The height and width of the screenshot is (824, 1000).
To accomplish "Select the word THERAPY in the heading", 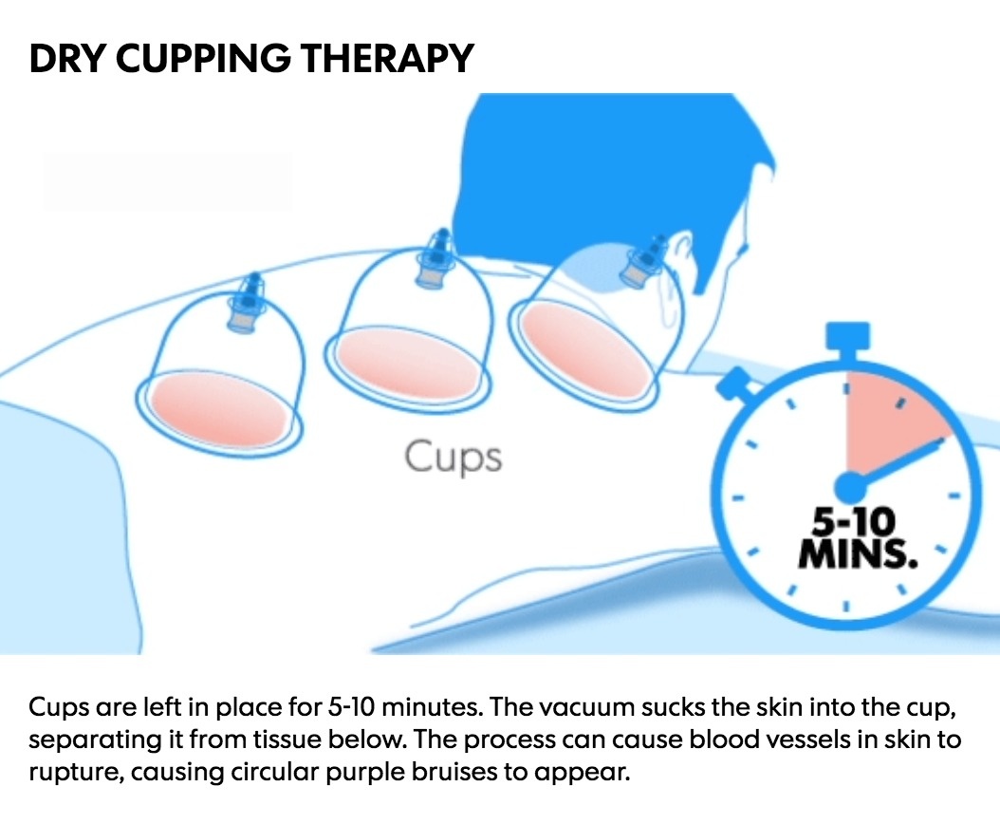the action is tap(386, 58).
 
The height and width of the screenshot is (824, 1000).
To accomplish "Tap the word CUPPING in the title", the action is tap(202, 58).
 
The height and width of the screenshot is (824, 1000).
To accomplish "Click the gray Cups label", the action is tap(454, 457).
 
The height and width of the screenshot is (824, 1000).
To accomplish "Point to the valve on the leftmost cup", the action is tap(246, 304).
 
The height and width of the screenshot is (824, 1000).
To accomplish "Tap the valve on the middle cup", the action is tap(435, 260).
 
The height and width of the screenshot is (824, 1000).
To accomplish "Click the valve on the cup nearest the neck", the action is tap(644, 262).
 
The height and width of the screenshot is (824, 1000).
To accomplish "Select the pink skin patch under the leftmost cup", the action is tap(218, 407).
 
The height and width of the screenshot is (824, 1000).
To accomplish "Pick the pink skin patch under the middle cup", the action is tap(408, 362).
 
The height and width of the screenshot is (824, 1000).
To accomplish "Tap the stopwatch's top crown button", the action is tap(847, 337).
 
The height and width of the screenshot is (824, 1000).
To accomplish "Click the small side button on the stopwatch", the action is tap(735, 384).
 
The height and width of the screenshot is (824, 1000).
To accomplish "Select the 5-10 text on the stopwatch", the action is tap(853, 523).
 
